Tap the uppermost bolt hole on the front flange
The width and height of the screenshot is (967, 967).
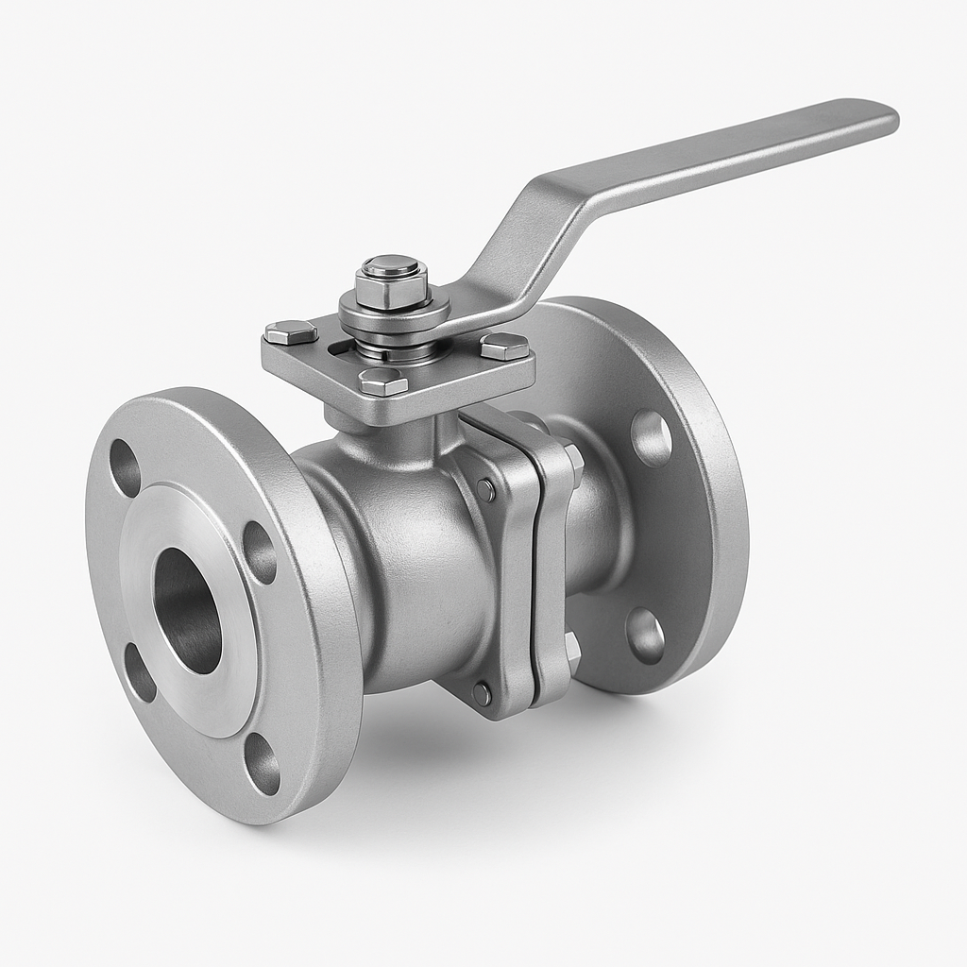pos(125,467)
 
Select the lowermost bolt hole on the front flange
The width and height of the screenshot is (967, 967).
pos(263,762)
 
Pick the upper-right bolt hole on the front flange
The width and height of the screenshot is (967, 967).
pos(260,551)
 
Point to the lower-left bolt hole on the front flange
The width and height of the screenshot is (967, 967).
pos(140,671)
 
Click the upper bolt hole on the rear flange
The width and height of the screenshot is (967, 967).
pos(651,438)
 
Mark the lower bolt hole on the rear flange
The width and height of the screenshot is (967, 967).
pos(645,635)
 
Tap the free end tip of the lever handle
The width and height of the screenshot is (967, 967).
pos(883,115)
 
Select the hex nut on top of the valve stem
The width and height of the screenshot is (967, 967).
pos(392,280)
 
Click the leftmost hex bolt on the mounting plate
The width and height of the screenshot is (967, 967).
pos(290,331)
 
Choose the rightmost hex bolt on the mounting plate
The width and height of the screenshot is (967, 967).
pos(505,347)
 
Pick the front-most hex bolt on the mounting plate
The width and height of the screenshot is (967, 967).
pos(383,382)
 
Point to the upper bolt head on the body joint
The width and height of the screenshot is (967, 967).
pos(485,489)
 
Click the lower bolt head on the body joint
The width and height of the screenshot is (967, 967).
pos(482,693)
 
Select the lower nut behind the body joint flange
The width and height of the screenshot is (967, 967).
pos(571,652)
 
